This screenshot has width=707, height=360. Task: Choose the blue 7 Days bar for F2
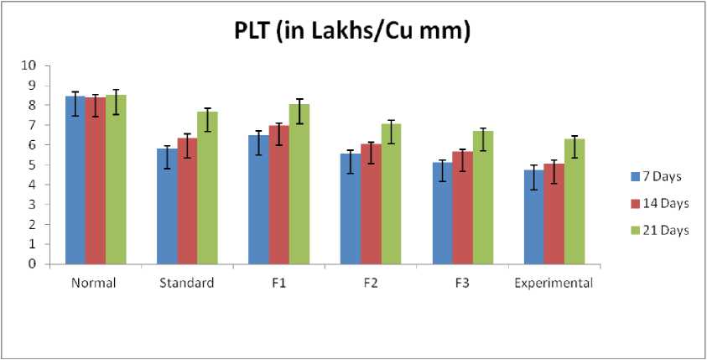(350, 209)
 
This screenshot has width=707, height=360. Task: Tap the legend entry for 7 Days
(659, 176)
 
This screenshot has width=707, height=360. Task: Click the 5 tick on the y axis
(32, 165)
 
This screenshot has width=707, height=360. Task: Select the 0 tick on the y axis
(32, 264)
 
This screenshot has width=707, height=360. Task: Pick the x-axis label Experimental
(554, 283)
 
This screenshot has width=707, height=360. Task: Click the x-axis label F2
(370, 283)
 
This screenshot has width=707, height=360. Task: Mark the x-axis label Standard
(186, 283)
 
